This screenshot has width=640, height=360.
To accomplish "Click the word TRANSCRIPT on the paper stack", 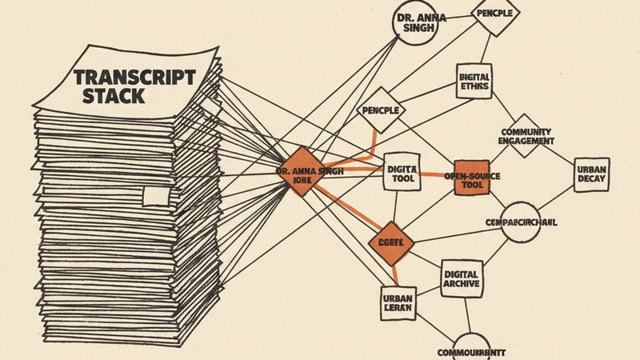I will [x=134, y=78].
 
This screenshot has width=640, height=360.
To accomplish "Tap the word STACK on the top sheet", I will [x=114, y=97].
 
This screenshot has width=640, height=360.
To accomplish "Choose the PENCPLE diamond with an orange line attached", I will [x=381, y=109].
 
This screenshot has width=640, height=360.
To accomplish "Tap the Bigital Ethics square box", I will [x=474, y=82].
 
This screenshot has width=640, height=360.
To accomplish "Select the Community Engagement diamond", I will [x=526, y=135].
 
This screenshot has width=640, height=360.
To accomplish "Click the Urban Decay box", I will [x=591, y=175].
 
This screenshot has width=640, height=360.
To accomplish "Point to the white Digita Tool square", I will [x=399, y=175].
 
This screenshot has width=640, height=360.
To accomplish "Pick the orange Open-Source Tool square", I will [x=472, y=176].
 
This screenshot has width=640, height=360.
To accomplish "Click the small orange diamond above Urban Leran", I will [x=391, y=242].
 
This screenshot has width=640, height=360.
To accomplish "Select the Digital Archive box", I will [x=461, y=278].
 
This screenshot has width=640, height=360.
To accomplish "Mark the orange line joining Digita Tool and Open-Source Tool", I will [x=436, y=174].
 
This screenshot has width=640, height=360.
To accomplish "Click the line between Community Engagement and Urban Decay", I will [x=563, y=155].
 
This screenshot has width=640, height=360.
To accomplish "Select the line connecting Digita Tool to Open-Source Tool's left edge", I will [x=436, y=174].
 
